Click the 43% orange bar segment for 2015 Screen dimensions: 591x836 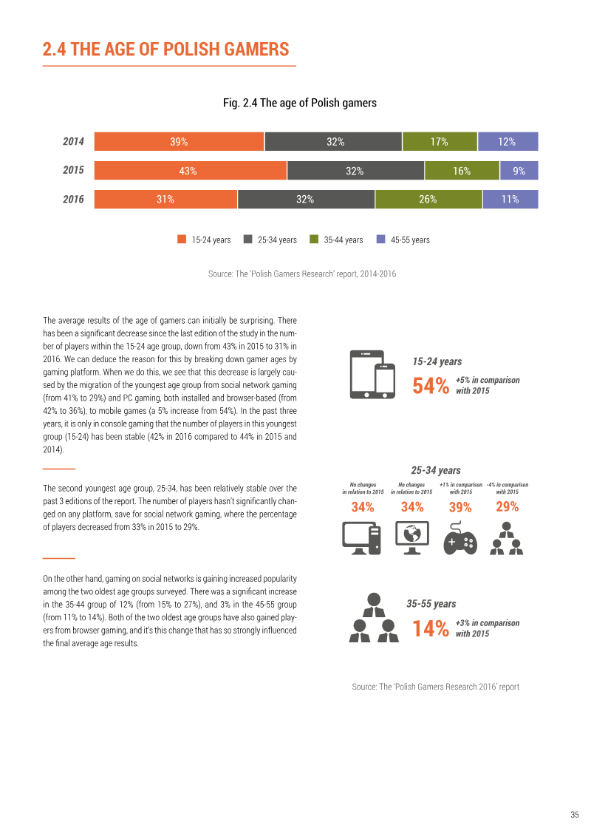point(191,171)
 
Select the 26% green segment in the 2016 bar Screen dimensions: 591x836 point(428,200)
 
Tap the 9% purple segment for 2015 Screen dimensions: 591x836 point(519,171)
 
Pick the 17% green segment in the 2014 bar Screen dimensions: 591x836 point(440,142)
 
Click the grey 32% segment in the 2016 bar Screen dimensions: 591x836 point(306,200)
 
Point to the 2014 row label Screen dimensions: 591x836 point(74,141)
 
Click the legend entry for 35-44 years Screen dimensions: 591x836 point(336,239)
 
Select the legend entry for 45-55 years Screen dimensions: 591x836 point(403,239)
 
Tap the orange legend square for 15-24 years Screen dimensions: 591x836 point(182,239)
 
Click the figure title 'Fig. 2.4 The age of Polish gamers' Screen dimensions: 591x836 point(299,103)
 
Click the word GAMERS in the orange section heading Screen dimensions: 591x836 point(256,49)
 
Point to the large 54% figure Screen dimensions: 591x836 point(431,386)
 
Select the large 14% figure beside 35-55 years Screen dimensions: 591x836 point(431,628)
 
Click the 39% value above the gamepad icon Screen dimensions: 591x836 point(460,507)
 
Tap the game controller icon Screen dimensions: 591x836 point(460,539)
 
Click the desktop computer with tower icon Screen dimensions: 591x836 point(361,538)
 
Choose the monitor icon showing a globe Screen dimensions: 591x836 point(412,538)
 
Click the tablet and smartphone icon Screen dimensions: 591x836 point(372,374)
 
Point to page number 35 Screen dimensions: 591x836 point(575,814)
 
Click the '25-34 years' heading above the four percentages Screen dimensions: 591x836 point(436,470)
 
